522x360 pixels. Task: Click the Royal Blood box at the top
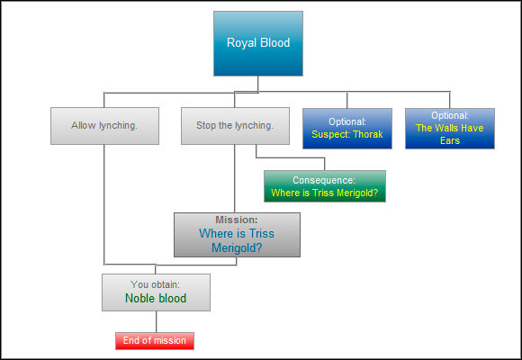258,43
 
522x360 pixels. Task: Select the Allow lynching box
105,126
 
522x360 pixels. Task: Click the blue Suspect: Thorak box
346,128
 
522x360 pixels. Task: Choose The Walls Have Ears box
449,128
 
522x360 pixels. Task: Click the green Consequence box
324,186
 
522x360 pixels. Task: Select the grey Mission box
237,235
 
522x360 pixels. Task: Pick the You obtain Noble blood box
156,292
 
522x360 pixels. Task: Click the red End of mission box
155,340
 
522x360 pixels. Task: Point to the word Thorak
367,135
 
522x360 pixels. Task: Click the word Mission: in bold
237,220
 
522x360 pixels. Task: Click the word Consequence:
324,180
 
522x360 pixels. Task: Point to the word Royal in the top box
240,42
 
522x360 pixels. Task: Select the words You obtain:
156,284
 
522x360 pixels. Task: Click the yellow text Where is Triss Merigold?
324,193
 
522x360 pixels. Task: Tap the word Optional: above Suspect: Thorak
346,121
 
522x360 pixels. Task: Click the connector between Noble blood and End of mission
156,321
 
